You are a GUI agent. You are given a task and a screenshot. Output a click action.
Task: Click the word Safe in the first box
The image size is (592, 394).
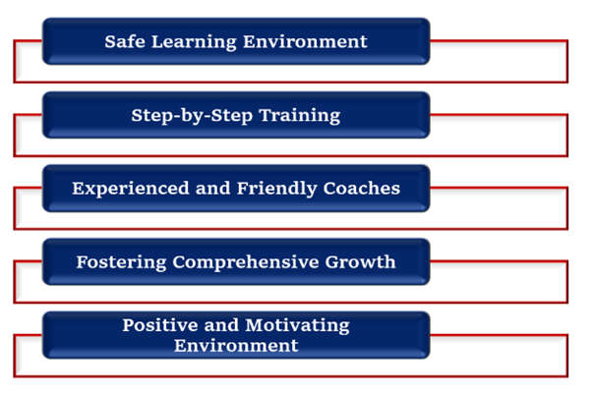(x=126, y=41)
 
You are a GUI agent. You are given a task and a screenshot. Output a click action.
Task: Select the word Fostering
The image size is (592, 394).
(x=122, y=261)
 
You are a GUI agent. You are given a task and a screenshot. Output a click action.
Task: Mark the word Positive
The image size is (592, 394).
(x=157, y=325)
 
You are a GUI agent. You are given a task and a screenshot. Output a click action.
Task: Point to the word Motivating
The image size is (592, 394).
(x=292, y=325)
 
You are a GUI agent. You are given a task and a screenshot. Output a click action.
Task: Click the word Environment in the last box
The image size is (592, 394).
(x=236, y=346)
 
